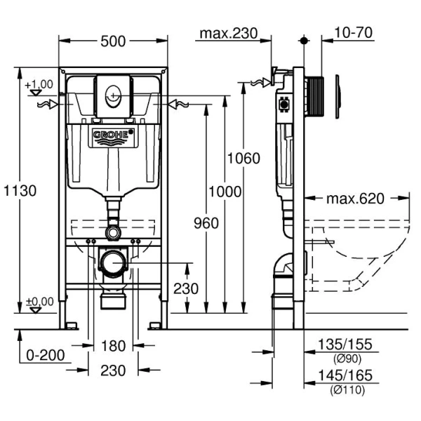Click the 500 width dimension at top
(x=114, y=41)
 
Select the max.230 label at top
(x=228, y=32)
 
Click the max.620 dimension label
(x=355, y=199)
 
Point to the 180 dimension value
(x=114, y=345)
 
